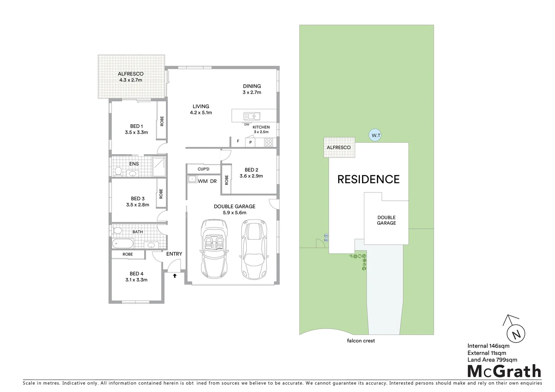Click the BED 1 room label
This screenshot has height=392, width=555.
tap(136, 129)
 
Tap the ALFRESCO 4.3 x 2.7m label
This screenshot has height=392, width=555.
tap(131, 77)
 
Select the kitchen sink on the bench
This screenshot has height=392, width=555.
tap(251, 116)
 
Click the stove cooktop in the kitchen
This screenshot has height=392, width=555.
tap(268, 142)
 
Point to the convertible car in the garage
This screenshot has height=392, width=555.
tap(214, 249)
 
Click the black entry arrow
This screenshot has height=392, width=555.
tap(175, 276)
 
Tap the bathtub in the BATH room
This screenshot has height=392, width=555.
tap(123, 243)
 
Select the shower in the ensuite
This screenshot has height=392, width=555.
tap(159, 166)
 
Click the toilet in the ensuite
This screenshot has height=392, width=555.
tap(118, 171)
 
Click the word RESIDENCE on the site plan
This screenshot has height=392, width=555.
tap(368, 179)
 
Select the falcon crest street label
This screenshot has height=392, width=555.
tap(361, 341)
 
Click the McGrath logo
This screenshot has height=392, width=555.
tap(504, 371)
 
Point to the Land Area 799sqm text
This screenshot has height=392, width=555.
tap(492, 360)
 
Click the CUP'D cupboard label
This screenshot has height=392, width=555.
tap(203, 169)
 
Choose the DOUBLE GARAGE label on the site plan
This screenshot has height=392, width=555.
tap(386, 220)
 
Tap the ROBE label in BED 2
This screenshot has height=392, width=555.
tap(227, 180)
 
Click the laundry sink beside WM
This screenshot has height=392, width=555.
tap(192, 179)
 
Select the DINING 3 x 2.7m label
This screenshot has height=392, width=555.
tap(252, 89)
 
